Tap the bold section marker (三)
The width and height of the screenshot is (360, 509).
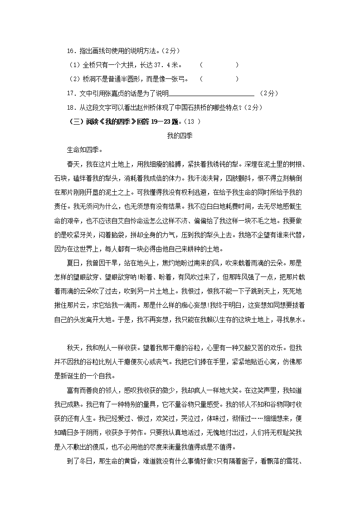pos(74,121)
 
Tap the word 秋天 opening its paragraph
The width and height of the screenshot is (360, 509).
pos(73,347)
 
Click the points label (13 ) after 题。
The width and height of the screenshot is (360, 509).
pos(193,121)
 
